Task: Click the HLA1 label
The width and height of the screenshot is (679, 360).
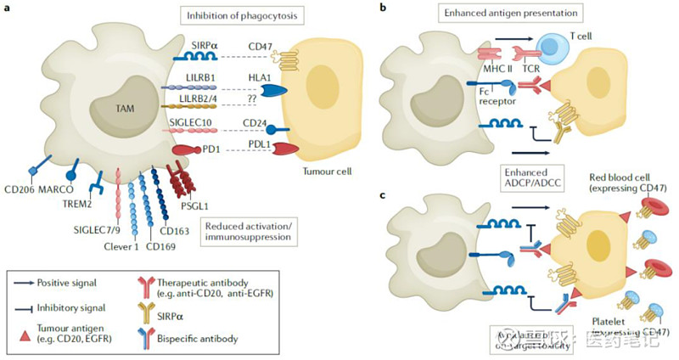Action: pos(258,77)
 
